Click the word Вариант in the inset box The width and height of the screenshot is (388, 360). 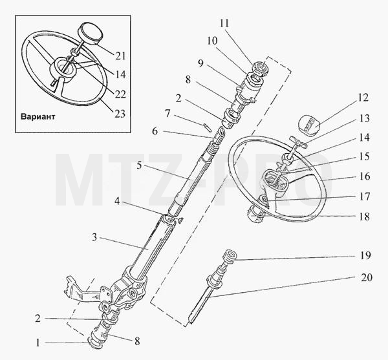pyautogui.click(x=38, y=117)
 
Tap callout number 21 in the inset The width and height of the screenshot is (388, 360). pyautogui.click(x=120, y=56)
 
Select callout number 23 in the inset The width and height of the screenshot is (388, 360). pyautogui.click(x=120, y=114)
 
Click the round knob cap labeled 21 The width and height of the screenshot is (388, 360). pyautogui.click(x=90, y=34)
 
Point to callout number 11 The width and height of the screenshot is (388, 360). pyautogui.click(x=224, y=23)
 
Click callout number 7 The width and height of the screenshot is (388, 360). pyautogui.click(x=167, y=114)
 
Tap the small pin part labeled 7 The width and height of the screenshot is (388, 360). pyautogui.click(x=207, y=128)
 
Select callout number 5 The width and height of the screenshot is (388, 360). pyautogui.click(x=139, y=165)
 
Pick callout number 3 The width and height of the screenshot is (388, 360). pyautogui.click(x=94, y=238)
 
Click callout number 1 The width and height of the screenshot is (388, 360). pyautogui.click(x=38, y=343)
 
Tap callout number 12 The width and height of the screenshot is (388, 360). pyautogui.click(x=363, y=98)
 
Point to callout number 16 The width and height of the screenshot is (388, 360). pyautogui.click(x=365, y=176)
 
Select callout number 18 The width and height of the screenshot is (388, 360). pyautogui.click(x=364, y=217)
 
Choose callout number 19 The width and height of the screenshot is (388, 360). pyautogui.click(x=365, y=255)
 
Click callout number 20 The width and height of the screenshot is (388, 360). pyautogui.click(x=367, y=277)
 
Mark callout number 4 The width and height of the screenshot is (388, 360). pyautogui.click(x=117, y=201)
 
